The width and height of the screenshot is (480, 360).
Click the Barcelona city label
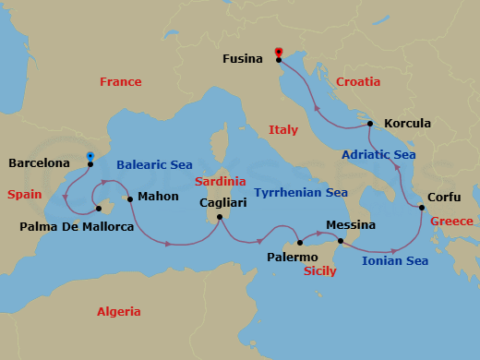pos(41,163)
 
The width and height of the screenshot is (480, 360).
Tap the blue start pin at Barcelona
pos(90,156)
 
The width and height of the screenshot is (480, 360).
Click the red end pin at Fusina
pos(278,53)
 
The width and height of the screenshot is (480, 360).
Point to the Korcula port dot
pos(369,124)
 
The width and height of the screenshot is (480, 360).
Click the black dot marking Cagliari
pos(220,218)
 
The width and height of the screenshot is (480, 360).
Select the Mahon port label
pos(157,197)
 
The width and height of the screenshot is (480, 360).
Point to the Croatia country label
pos(358,82)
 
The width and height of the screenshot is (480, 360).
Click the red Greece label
pos(451,221)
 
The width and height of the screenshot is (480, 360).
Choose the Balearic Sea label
pos(154,164)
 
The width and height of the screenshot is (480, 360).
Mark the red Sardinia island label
pos(220,182)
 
